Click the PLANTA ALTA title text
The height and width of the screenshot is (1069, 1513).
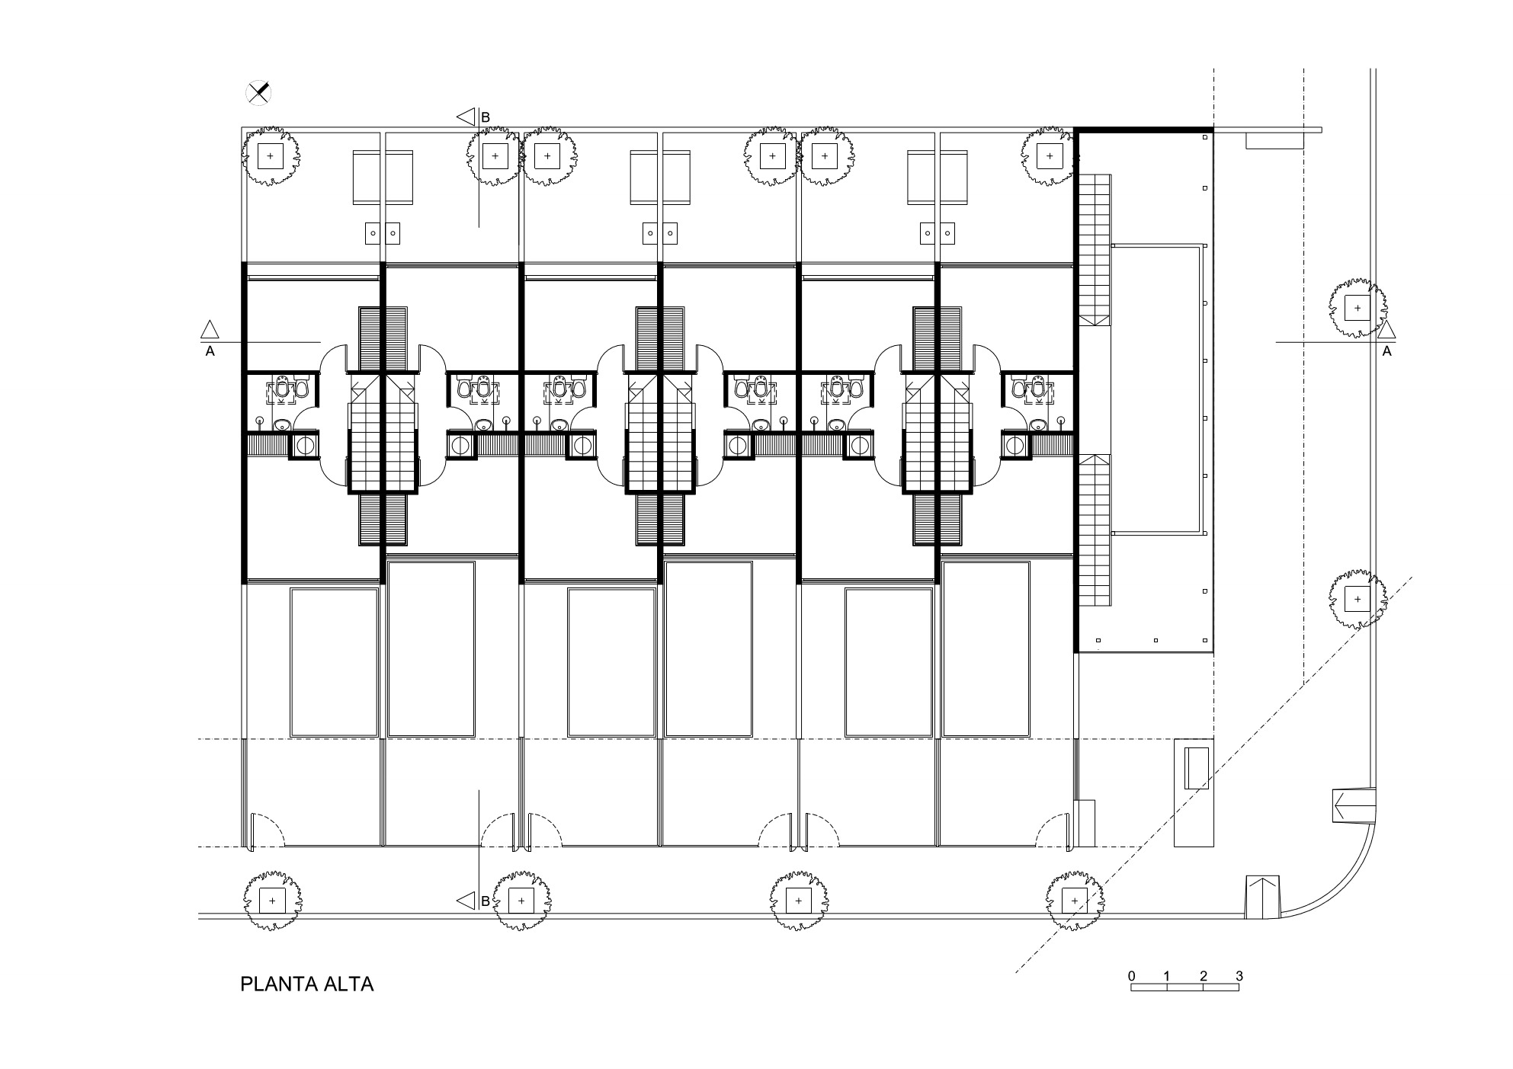click(306, 984)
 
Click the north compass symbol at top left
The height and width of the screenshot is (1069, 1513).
click(259, 93)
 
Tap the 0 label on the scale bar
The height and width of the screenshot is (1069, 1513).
click(1132, 976)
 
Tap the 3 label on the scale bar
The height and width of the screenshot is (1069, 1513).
click(1239, 976)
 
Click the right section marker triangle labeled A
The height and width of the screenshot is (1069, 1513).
click(1386, 330)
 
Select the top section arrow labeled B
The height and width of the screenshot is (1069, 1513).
click(465, 117)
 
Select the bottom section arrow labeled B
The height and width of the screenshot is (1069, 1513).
click(465, 901)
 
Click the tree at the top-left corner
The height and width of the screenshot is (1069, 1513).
click(271, 157)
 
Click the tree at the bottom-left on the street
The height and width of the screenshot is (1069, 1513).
click(272, 901)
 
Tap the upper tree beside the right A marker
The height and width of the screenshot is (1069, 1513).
click(1357, 309)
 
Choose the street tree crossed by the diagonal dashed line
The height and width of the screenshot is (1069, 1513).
click(1075, 901)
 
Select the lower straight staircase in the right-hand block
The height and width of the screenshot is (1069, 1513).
click(1095, 530)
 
